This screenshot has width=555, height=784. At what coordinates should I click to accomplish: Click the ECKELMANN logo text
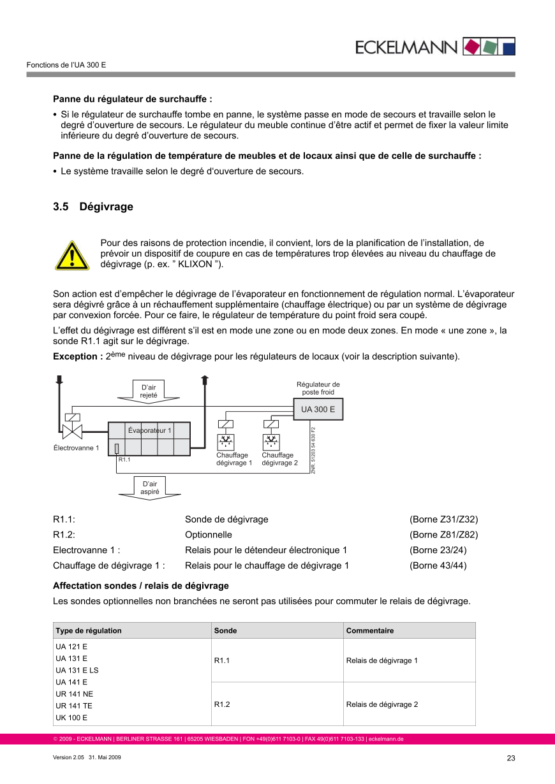(406, 47)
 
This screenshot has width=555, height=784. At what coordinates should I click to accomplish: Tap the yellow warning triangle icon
(72, 255)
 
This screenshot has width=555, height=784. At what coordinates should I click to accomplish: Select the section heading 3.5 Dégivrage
(93, 207)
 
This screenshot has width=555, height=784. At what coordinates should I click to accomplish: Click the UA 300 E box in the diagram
(318, 409)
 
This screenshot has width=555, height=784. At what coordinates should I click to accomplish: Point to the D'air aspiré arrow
(149, 488)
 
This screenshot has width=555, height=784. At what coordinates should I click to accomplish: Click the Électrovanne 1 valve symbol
(73, 432)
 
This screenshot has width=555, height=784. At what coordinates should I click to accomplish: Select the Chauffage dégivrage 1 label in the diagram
(233, 459)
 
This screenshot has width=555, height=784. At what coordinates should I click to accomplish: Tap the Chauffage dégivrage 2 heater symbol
(271, 440)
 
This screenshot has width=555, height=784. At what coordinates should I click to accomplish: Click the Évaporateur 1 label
(149, 430)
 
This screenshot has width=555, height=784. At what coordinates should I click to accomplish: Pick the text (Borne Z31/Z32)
(443, 519)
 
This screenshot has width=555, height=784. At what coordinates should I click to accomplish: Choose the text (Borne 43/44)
(438, 565)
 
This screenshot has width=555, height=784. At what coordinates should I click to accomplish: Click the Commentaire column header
(370, 630)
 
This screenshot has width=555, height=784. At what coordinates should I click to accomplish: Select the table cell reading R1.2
(222, 704)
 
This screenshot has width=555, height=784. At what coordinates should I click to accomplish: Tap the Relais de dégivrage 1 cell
(381, 660)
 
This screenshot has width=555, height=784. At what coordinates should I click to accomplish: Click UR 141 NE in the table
(74, 693)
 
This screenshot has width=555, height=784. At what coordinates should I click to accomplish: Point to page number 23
(510, 758)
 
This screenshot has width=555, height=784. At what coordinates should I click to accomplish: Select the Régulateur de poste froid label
(318, 388)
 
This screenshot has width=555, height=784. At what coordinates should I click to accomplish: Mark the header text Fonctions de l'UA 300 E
(66, 66)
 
